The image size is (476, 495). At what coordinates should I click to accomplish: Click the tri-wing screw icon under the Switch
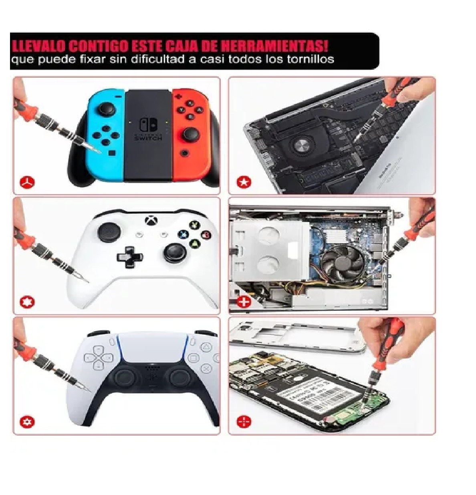point(28,183)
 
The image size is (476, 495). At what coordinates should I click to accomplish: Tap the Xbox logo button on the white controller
point(151,220)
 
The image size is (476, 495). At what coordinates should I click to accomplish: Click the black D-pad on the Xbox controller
point(130,256)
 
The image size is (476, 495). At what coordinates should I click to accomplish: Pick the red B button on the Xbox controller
point(206,235)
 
